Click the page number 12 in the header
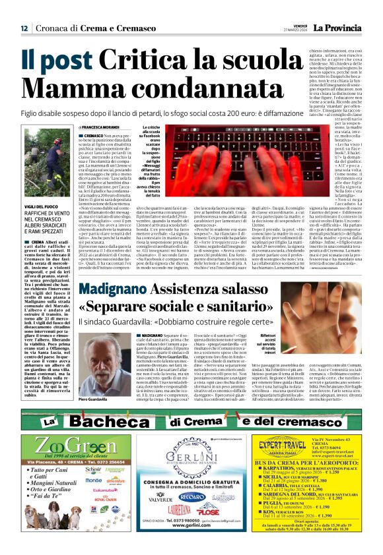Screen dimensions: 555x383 click(x=24, y=28)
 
